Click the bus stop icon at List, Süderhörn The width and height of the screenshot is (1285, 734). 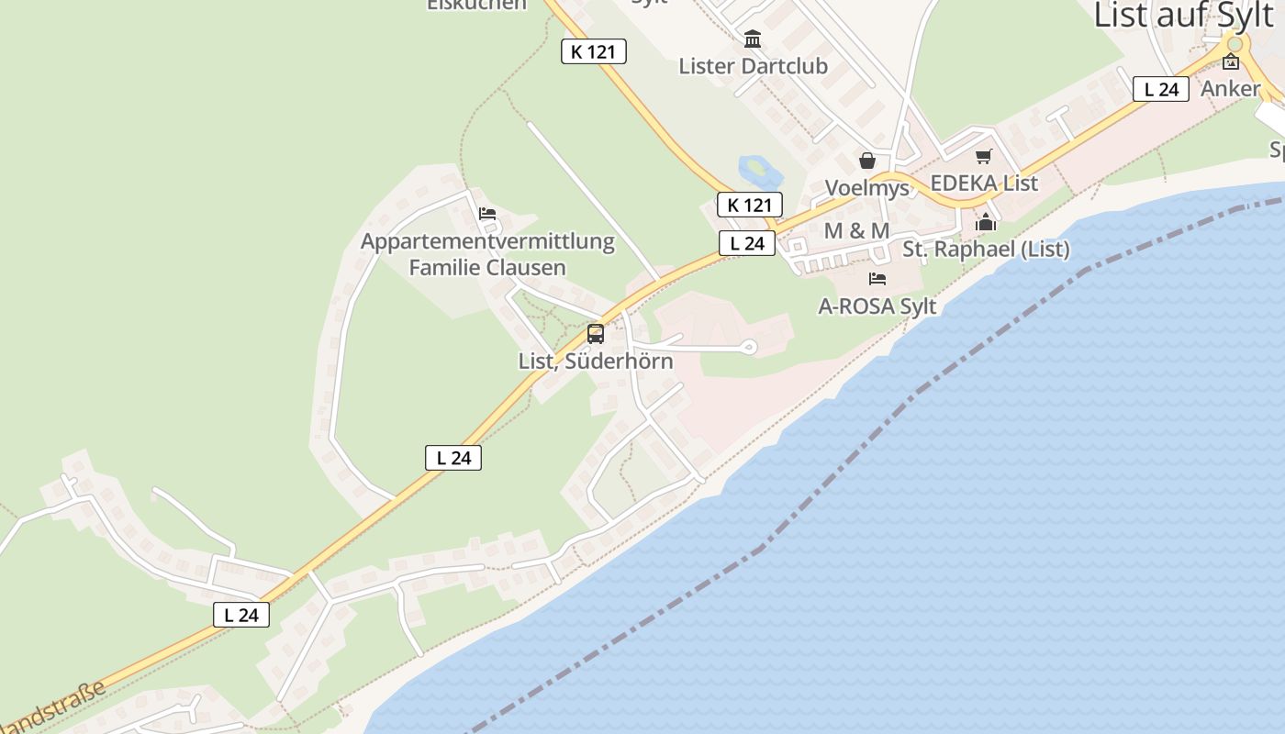coord(596,334)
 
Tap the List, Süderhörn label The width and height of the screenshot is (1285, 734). coord(596,361)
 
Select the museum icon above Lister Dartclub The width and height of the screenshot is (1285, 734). coord(754,39)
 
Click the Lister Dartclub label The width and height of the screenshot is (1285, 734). coord(753,66)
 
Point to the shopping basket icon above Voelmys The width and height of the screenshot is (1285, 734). coord(867,161)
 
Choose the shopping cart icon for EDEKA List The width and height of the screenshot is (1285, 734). coord(984,157)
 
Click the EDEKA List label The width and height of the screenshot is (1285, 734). coord(984,183)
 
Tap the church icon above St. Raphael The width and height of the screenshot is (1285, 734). coord(986,222)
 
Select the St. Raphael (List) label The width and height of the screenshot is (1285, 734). coord(986,249)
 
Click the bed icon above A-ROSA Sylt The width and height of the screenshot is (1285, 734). coord(877,279)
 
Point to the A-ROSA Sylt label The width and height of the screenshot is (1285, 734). coord(877,306)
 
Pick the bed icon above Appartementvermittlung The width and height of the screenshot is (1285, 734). coord(487,214)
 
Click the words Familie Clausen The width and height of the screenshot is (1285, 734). coord(487,268)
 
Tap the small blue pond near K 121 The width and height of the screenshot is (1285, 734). coord(755,169)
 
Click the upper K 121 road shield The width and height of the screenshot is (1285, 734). coord(594,52)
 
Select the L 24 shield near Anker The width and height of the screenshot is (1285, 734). coord(1161,89)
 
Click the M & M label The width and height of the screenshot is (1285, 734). coord(856,231)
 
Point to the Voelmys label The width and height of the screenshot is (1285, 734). coord(866,188)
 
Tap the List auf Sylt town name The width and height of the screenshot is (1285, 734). coord(1184,16)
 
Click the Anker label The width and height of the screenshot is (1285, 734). coord(1230,89)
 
